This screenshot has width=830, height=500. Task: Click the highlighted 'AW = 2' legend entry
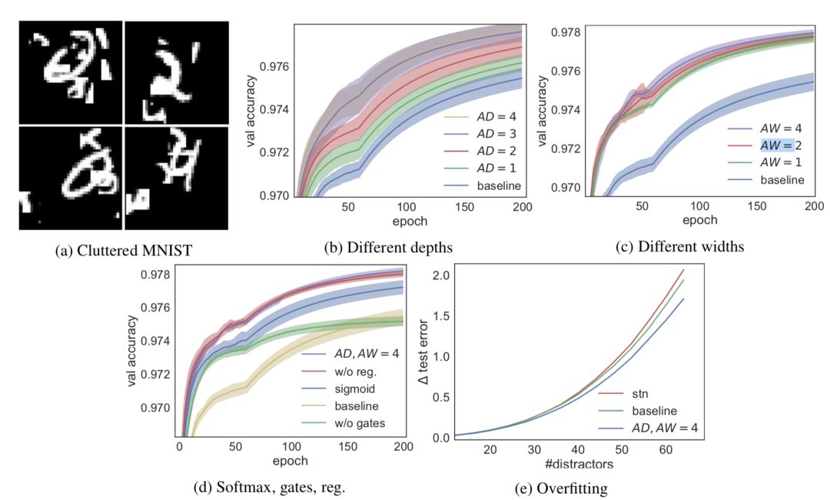pyautogui.click(x=779, y=145)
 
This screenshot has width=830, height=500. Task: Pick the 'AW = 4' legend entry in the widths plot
pyautogui.click(x=779, y=127)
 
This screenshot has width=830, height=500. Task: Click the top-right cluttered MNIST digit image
pyautogui.click(x=176, y=71)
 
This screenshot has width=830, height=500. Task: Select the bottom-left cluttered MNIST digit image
pyautogui.click(x=70, y=178)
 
